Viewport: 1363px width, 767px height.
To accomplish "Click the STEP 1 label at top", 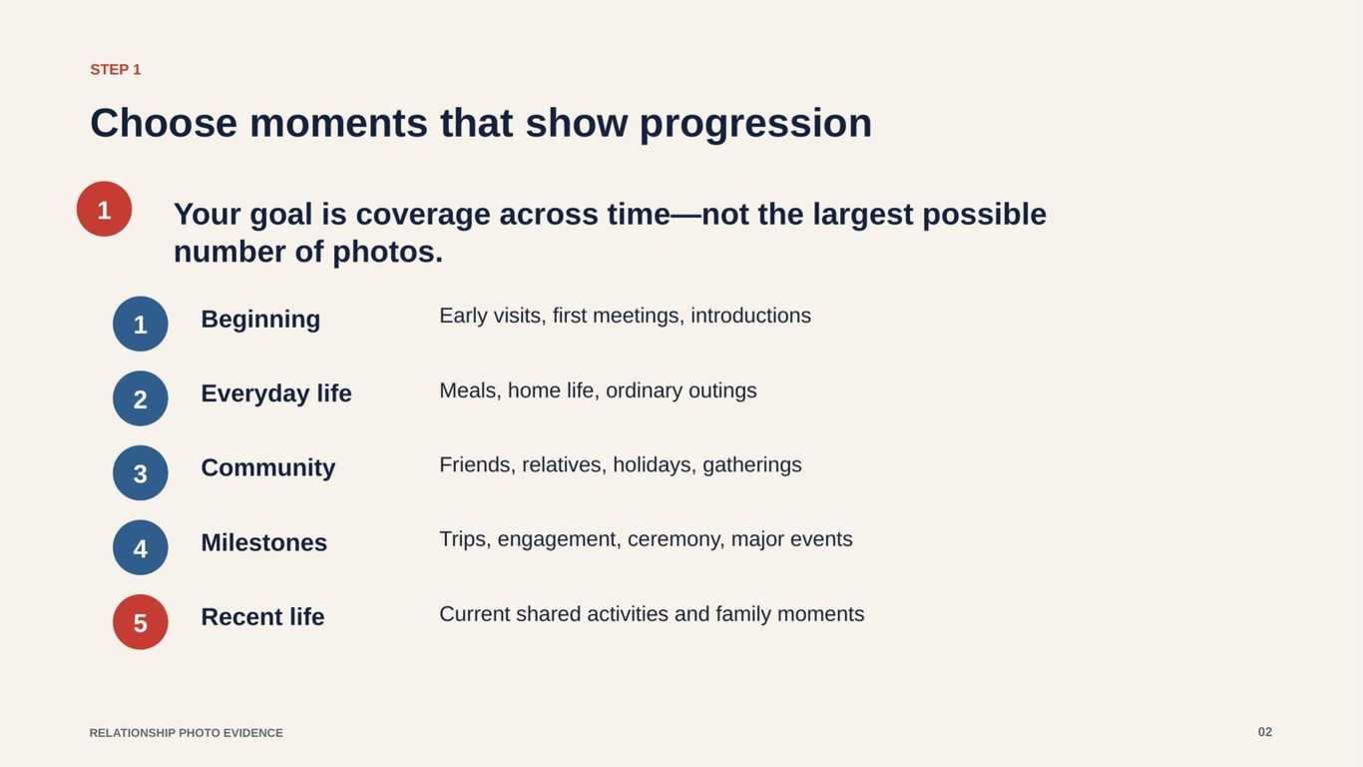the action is coord(116,70).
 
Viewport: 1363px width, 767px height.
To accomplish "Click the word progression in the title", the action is coord(755,124).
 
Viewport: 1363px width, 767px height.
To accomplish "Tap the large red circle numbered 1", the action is coord(104,209).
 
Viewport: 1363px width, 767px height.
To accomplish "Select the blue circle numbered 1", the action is coord(141,325).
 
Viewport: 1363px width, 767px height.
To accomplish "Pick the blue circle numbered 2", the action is coord(141,398).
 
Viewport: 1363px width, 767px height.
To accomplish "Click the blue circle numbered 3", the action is coord(141,473).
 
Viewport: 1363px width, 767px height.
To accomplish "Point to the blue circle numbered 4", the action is coord(141,547).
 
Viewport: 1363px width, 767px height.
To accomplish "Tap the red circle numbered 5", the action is coord(141,622).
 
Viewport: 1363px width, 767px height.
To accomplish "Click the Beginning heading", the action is coord(260,320).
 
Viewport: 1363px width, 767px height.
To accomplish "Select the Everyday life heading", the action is coord(276,393).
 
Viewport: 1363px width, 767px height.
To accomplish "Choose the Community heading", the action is coord(268,468).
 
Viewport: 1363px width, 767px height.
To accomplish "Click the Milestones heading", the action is coord(264,543).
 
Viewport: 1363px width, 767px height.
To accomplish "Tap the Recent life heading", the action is coord(262,617).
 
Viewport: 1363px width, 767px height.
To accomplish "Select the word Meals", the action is coord(470,391).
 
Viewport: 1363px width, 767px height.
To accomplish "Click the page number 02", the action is coord(1265,732).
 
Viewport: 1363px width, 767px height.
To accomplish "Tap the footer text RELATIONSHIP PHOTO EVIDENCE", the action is coord(187,733).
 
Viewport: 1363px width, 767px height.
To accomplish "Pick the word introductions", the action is coord(751,316).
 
